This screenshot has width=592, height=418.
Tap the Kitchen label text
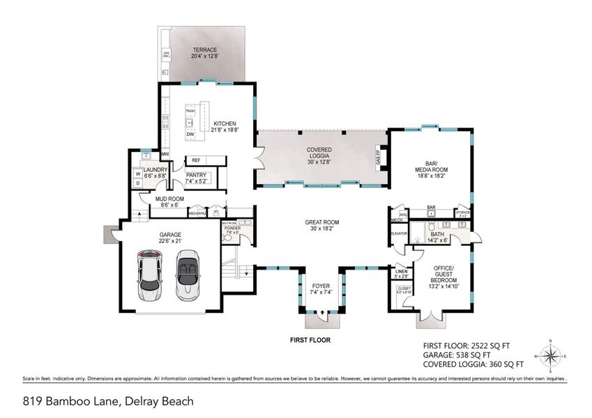point(225,126)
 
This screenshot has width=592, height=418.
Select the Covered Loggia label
point(319,154)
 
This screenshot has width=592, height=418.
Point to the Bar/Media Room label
point(432,169)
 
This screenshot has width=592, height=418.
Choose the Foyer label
point(321,288)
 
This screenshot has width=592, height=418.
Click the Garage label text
point(169,238)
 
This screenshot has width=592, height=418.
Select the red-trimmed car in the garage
point(150,277)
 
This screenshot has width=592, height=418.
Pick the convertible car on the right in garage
point(188,277)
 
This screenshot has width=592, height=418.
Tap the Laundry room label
point(155,173)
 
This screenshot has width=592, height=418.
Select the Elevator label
point(399,233)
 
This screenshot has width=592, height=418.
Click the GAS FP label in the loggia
point(377,157)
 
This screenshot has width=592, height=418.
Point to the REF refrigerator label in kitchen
point(196,160)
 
